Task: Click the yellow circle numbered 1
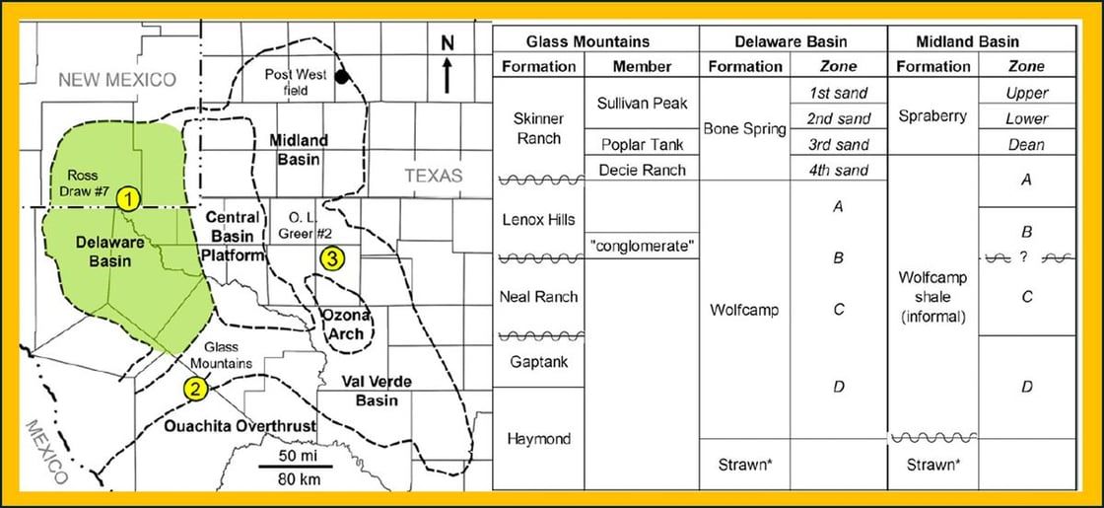click(127, 198)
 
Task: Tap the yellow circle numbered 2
click(197, 388)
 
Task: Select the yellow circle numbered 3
click(333, 259)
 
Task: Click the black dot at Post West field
click(341, 77)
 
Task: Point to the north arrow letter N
click(447, 43)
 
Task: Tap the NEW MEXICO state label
click(116, 80)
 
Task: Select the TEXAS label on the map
click(433, 176)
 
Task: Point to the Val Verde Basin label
click(377, 391)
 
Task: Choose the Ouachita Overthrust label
click(254, 426)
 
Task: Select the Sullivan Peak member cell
click(642, 103)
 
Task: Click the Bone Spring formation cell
click(744, 129)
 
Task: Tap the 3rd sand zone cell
click(838, 145)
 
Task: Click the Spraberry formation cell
click(932, 116)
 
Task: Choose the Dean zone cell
click(1026, 145)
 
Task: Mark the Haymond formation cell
click(538, 438)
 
